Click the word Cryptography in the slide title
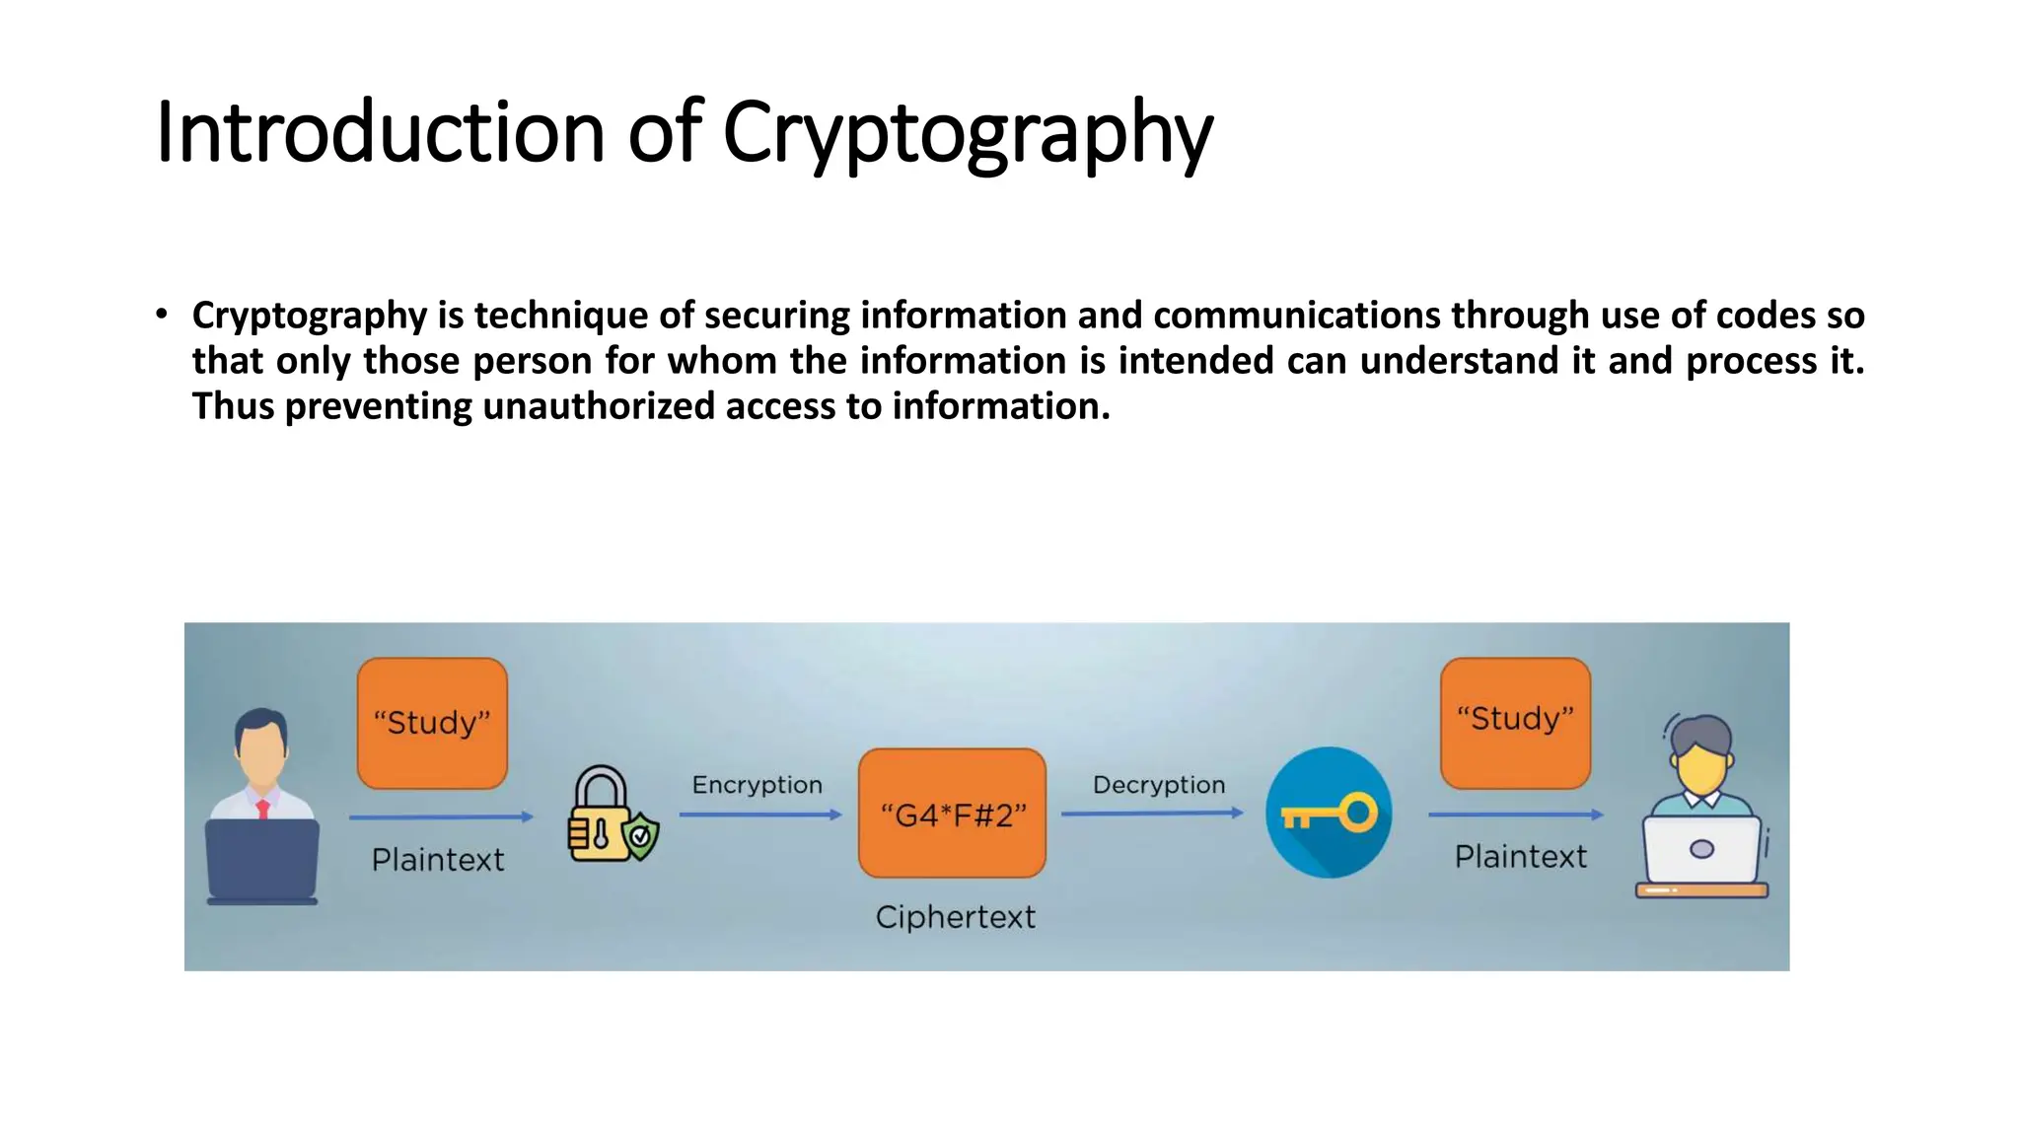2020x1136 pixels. click(x=967, y=133)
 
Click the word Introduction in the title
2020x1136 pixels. click(x=380, y=133)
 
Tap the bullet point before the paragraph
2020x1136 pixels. click(x=162, y=315)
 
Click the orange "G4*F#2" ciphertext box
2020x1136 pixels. click(x=952, y=814)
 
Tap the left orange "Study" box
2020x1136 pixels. click(x=432, y=723)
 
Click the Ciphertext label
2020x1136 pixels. click(x=955, y=917)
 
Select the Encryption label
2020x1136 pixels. click(x=757, y=785)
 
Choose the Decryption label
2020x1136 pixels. click(x=1159, y=785)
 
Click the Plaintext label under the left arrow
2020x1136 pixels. click(x=437, y=860)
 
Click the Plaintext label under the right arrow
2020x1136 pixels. click(x=1520, y=857)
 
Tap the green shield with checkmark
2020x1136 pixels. click(x=641, y=836)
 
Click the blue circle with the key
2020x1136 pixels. click(x=1329, y=813)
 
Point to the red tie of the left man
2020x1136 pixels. click(x=262, y=810)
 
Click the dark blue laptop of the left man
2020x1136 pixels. click(x=261, y=858)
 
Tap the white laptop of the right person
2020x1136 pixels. click(x=1701, y=850)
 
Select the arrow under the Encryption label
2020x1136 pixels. click(x=759, y=815)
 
